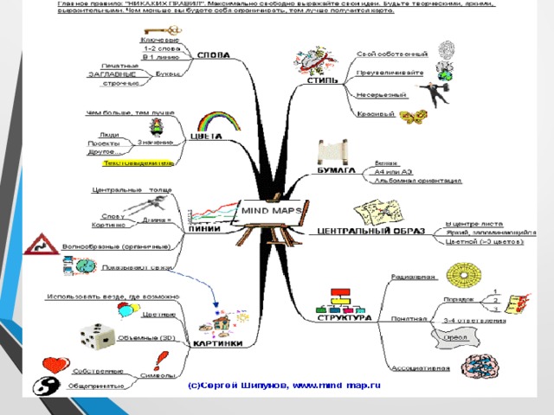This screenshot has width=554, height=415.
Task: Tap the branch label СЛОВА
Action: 214,55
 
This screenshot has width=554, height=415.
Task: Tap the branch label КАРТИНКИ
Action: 210,343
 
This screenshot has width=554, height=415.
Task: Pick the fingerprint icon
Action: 446,49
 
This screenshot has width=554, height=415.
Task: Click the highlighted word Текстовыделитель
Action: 138,162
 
